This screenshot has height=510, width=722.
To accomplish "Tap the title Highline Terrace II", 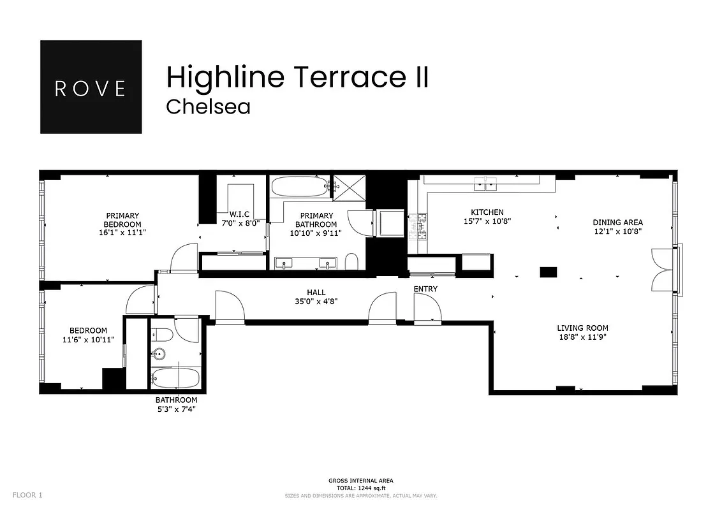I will (297, 77).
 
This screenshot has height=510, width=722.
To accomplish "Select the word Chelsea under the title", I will (208, 106).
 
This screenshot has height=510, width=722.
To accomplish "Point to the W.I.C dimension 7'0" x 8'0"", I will (240, 224).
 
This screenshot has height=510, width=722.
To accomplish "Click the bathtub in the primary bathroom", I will (298, 187).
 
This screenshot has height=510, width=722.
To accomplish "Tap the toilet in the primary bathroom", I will (351, 261).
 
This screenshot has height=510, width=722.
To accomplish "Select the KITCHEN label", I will (487, 212).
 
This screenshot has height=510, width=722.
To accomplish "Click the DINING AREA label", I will (617, 222).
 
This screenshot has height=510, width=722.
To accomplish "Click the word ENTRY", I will (425, 289).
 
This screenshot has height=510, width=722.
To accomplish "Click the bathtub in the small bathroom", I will (175, 377).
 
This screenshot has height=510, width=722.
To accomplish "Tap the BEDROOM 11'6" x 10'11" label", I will (88, 335).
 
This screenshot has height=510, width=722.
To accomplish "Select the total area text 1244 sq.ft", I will (360, 488).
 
